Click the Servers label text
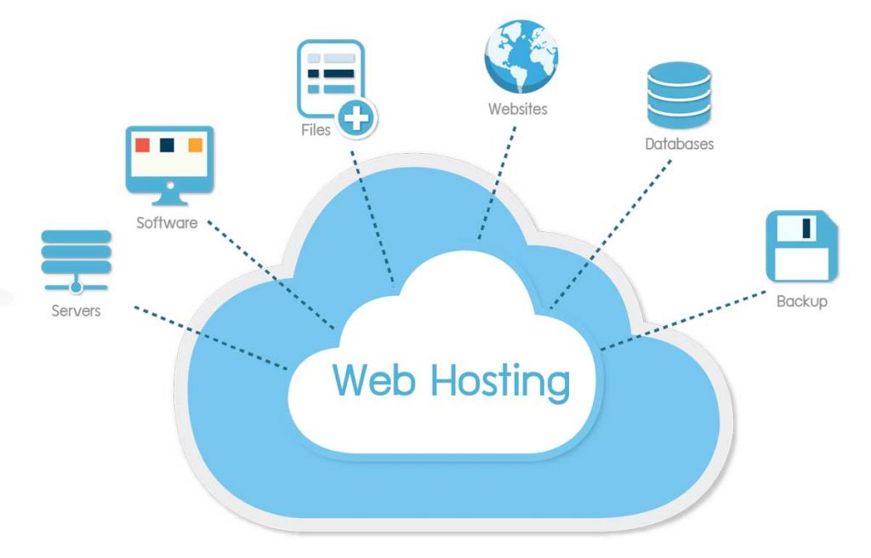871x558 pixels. point(76,310)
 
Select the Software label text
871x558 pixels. point(167,224)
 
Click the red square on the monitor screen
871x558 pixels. point(142,145)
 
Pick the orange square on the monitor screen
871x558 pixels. point(196,145)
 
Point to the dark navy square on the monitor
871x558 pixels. point(168,145)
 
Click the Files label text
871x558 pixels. point(316,131)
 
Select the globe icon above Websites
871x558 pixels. point(521,56)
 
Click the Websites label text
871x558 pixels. point(517,109)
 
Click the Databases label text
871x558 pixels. point(679,145)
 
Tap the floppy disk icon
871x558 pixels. point(801,247)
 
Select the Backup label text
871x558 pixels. point(801,301)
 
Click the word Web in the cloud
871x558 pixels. point(375,380)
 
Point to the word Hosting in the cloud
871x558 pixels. point(500,382)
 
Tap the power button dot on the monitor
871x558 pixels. point(169,185)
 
